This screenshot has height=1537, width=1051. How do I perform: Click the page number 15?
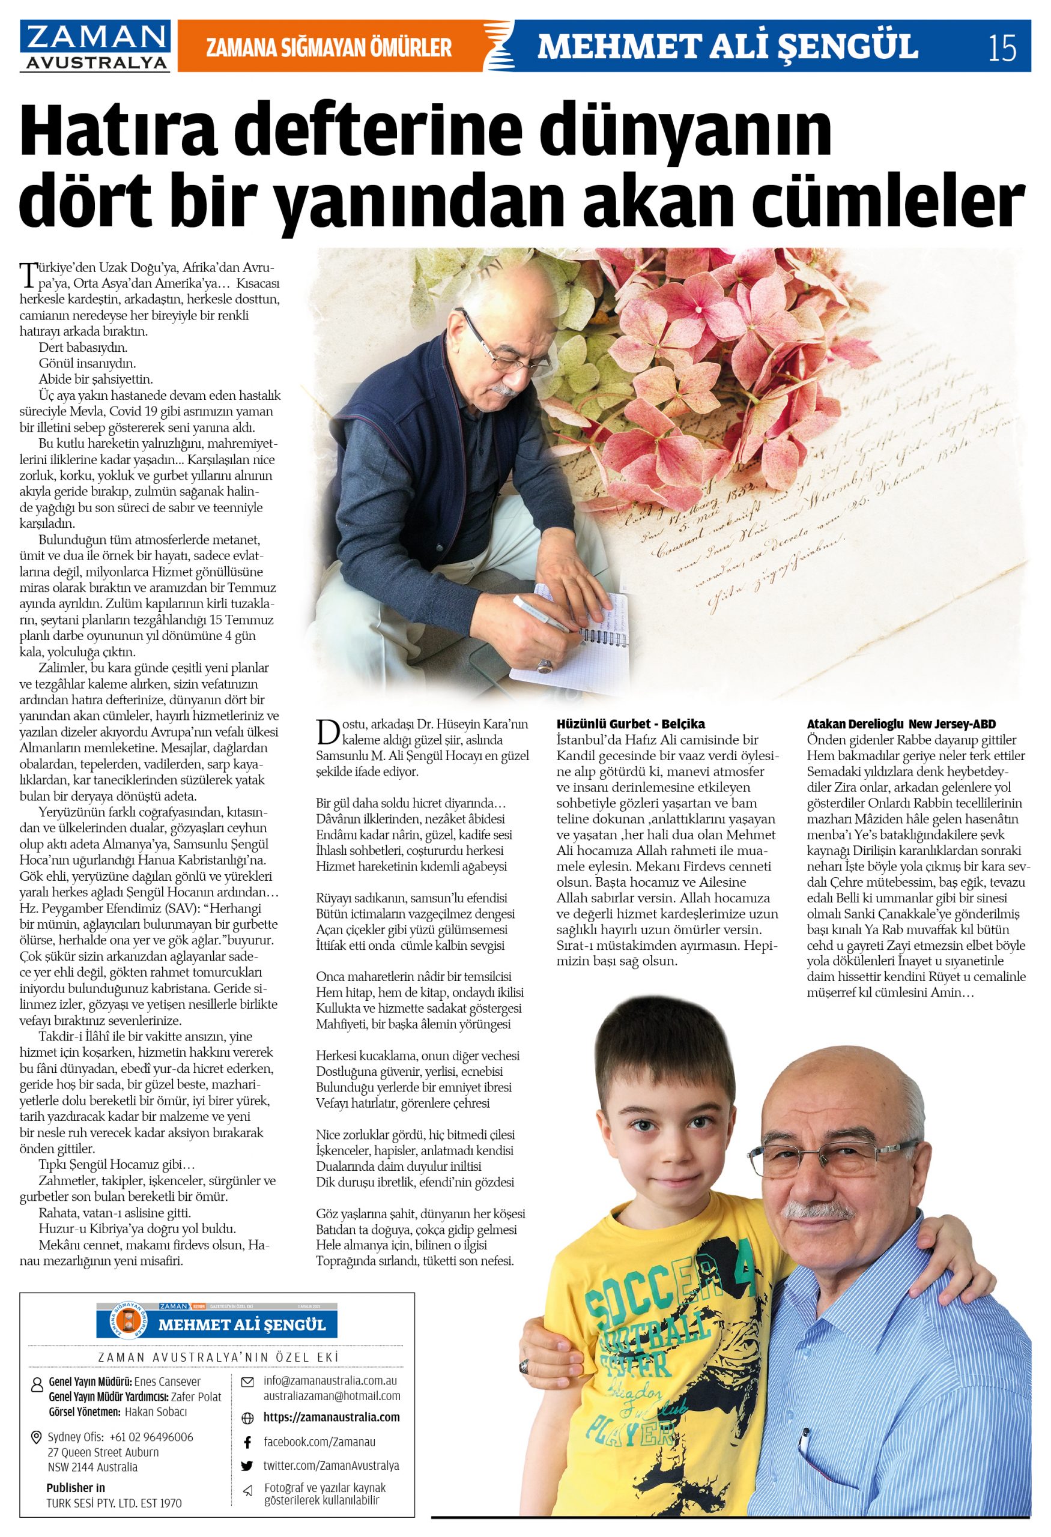[x=1002, y=48]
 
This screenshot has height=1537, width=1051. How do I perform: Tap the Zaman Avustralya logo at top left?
[x=94, y=46]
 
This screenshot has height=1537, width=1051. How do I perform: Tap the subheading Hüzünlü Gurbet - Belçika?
[x=631, y=723]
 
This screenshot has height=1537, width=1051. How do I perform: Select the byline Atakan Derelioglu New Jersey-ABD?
[x=901, y=723]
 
